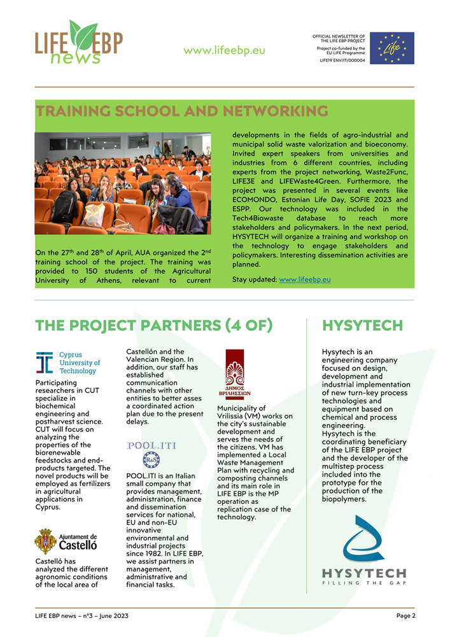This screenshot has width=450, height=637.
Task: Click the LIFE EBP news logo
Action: [x=78, y=43]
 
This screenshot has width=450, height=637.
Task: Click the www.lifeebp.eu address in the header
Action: [x=224, y=50]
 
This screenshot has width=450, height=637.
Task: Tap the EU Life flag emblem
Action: [x=392, y=48]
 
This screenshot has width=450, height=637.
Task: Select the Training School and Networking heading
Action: [x=181, y=111]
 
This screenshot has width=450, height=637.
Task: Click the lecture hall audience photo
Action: [x=123, y=183]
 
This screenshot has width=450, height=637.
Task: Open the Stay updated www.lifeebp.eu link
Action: [x=304, y=279]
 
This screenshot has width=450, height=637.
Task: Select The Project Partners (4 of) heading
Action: [x=154, y=326]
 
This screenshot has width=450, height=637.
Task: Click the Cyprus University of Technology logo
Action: [x=68, y=362]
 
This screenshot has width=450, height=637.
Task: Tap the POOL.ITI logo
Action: [x=150, y=452]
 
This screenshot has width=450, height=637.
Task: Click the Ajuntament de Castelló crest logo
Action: [x=66, y=541]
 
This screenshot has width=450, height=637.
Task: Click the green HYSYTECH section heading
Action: [x=362, y=326]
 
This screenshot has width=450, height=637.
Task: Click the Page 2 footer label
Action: [x=405, y=615]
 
